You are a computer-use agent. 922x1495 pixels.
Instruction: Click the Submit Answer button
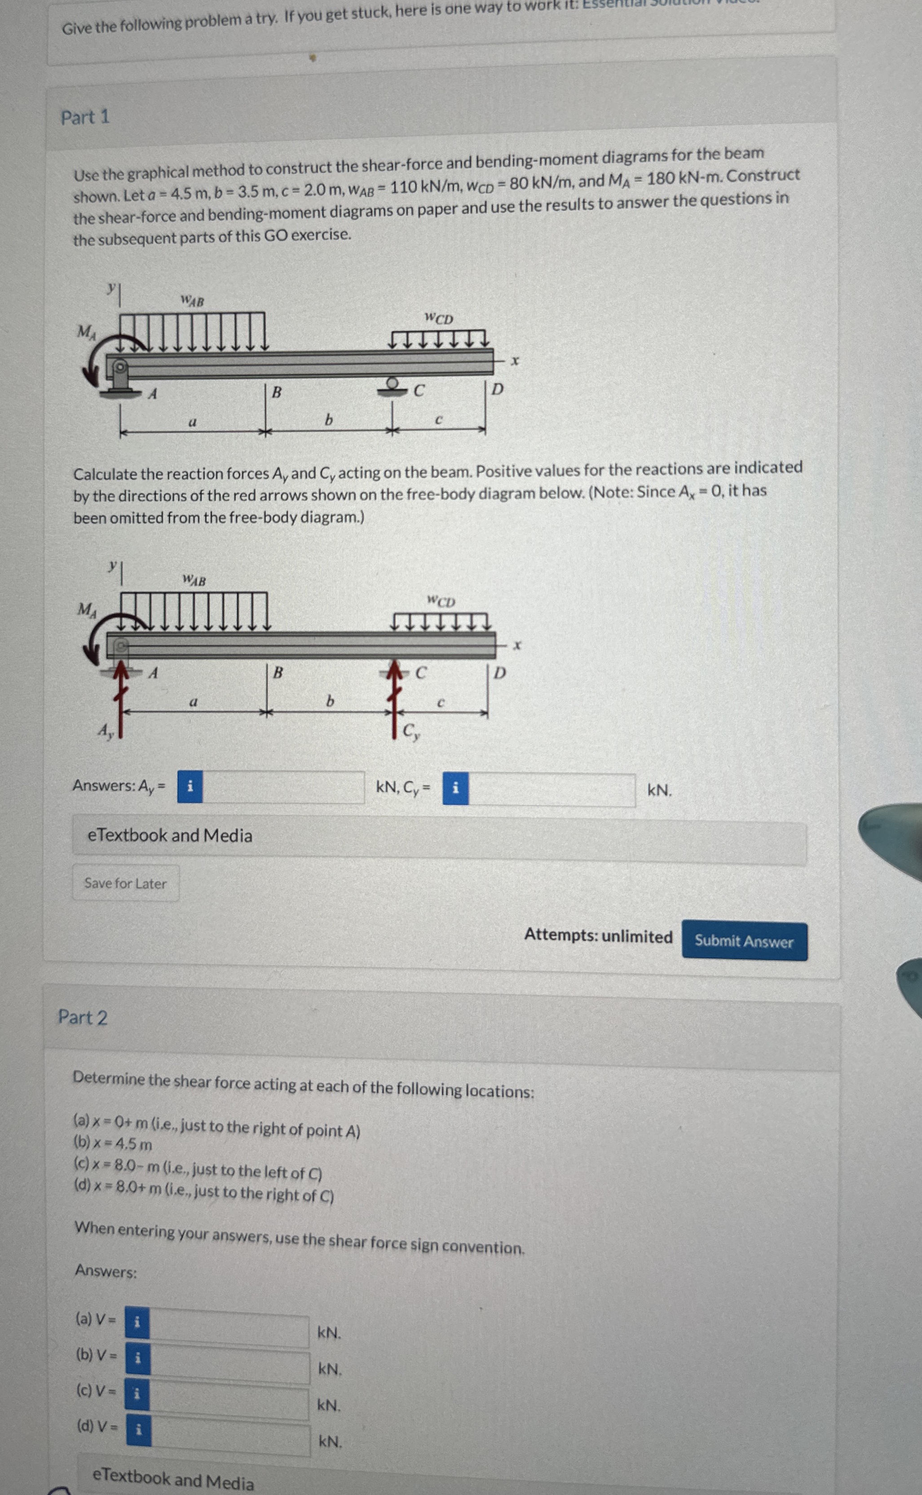744,941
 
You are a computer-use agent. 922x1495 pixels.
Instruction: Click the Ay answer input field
283,787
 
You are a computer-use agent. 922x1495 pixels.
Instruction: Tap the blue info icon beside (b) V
138,1358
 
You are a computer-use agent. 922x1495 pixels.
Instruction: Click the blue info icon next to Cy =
455,788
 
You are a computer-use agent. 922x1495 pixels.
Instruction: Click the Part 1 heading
85,117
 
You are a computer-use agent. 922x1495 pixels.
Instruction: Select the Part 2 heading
82,1017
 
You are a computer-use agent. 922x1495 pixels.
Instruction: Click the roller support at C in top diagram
393,385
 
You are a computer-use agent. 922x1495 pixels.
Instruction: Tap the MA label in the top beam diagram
86,332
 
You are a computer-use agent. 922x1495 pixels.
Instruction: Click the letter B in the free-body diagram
278,673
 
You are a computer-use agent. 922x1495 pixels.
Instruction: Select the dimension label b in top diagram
329,419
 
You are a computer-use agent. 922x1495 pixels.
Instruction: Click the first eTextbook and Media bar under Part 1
439,836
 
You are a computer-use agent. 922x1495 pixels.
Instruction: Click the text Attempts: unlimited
598,936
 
